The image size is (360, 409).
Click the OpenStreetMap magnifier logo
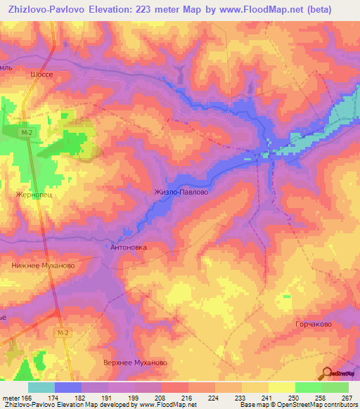(328, 372)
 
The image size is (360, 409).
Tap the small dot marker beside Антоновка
(107, 247)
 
